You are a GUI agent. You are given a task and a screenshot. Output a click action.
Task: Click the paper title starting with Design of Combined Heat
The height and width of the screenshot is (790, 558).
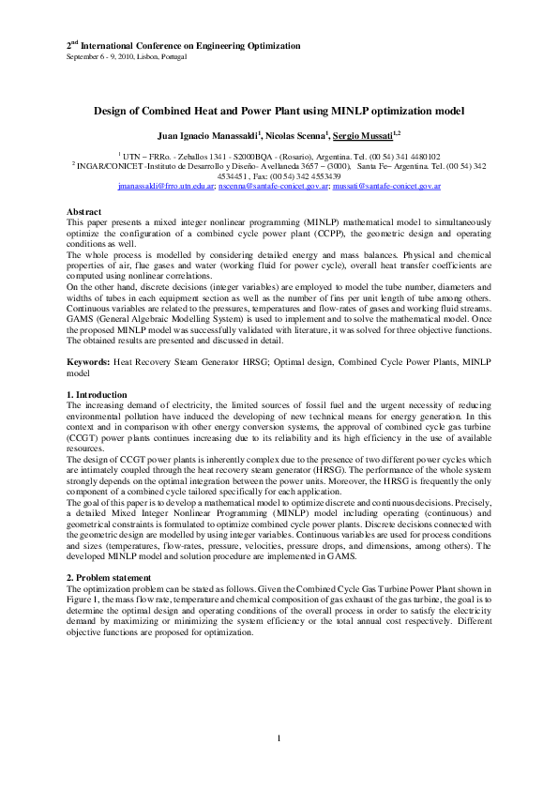click(279, 110)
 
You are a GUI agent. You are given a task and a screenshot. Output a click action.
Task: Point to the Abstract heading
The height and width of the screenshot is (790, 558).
click(85, 213)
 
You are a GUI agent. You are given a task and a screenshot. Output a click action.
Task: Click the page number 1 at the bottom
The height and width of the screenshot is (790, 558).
click(279, 738)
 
